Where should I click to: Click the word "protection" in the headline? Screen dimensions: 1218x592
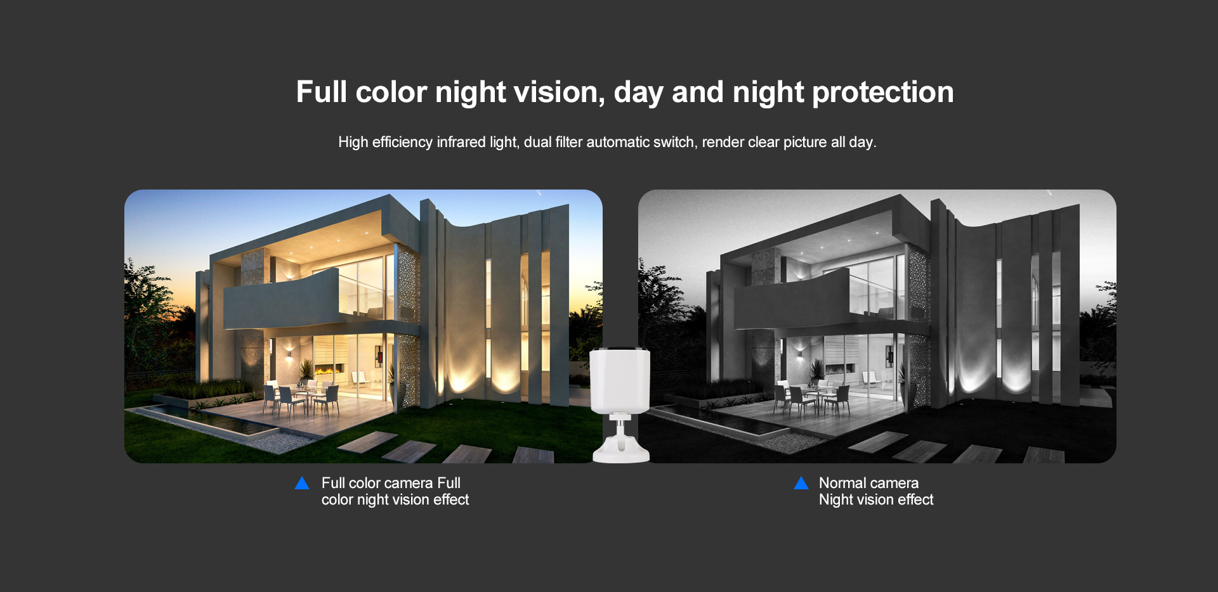point(883,93)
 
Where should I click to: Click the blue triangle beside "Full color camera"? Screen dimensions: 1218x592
point(302,483)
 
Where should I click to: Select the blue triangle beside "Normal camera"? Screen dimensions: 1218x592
point(801,483)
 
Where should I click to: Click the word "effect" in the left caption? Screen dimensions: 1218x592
point(451,499)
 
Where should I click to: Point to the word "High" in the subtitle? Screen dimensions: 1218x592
point(353,142)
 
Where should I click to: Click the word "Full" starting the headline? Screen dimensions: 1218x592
point(322,93)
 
